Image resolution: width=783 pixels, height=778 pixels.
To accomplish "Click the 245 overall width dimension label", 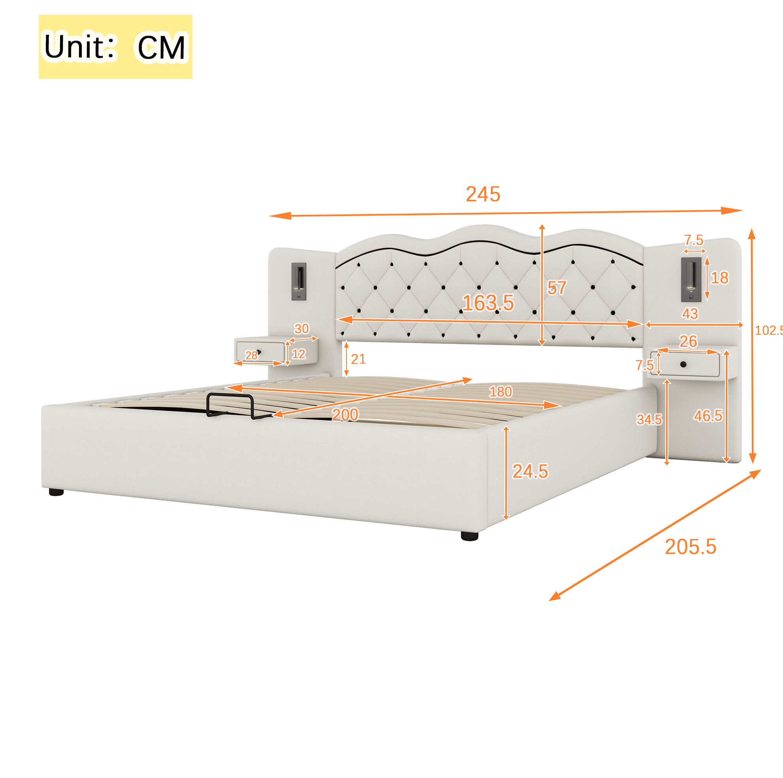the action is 483,194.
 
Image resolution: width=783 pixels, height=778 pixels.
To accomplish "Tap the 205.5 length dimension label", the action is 691,547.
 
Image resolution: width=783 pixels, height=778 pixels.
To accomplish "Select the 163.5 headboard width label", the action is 488,303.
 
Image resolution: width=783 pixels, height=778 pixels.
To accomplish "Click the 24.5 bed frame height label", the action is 530,471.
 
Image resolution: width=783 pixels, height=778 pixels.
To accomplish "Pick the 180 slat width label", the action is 501,392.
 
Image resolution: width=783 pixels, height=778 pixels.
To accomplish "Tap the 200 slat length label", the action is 345,415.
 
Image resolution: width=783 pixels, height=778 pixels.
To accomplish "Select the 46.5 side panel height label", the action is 708,416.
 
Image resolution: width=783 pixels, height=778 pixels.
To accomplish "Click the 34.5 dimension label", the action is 649,419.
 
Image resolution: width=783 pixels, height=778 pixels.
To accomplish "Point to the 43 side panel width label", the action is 690,314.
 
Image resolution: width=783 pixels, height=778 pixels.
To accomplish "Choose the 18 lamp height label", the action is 720,278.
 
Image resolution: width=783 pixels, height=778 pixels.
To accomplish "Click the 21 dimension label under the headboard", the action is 358,359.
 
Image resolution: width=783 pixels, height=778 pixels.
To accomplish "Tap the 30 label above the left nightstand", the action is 301,329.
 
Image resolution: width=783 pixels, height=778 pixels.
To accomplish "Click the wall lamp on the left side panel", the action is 299,282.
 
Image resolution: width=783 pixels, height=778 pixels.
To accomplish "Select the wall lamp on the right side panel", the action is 691,279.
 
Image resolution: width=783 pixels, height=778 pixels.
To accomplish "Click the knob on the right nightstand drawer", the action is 683,364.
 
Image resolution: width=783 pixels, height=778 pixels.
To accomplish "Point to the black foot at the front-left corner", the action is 56,492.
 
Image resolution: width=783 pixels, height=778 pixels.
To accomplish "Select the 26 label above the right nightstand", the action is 688,341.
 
